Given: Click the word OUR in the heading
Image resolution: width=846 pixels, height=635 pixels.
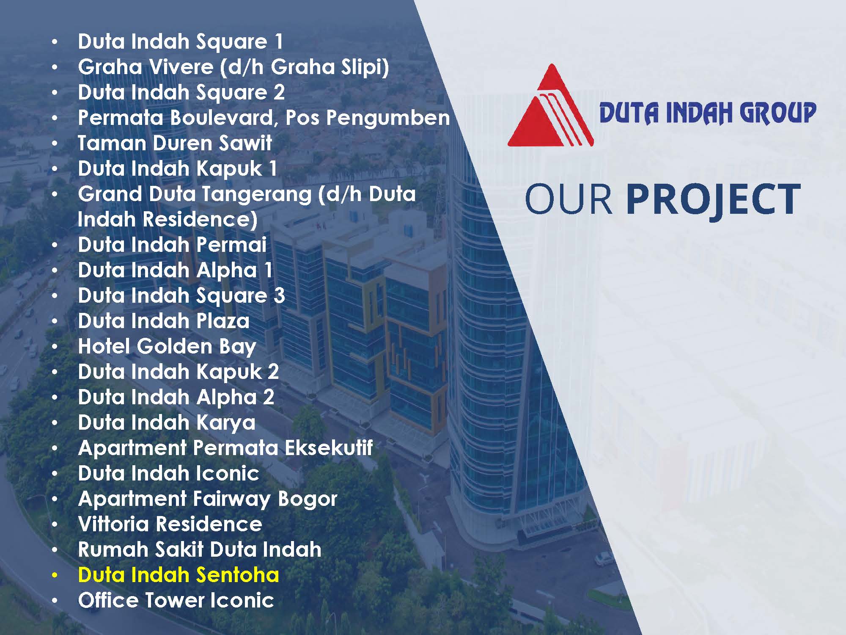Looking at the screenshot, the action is click(569, 199).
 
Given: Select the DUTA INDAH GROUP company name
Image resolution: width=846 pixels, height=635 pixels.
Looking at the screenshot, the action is click(708, 113).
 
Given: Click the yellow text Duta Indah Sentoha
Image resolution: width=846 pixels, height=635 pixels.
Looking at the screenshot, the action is click(179, 575).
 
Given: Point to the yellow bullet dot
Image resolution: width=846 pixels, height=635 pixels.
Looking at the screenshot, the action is click(55, 576).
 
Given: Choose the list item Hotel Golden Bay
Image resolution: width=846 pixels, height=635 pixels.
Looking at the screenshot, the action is click(167, 347).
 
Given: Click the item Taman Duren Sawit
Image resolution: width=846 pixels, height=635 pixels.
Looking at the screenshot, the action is click(175, 143).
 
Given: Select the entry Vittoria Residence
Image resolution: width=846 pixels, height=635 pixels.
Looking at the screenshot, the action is click(170, 524).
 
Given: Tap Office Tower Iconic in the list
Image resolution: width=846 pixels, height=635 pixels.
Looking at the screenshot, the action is click(176, 600).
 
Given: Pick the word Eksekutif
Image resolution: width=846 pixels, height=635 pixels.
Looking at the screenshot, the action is click(329, 448).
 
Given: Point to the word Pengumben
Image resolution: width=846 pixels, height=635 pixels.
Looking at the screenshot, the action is click(388, 118).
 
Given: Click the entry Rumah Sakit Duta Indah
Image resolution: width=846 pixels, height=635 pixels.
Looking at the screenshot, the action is click(200, 549).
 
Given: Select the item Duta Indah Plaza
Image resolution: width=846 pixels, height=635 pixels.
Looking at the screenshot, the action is click(164, 321).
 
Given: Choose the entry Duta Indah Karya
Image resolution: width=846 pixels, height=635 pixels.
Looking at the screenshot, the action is click(167, 423).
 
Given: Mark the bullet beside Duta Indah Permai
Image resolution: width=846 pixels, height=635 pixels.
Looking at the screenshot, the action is click(55, 246).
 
